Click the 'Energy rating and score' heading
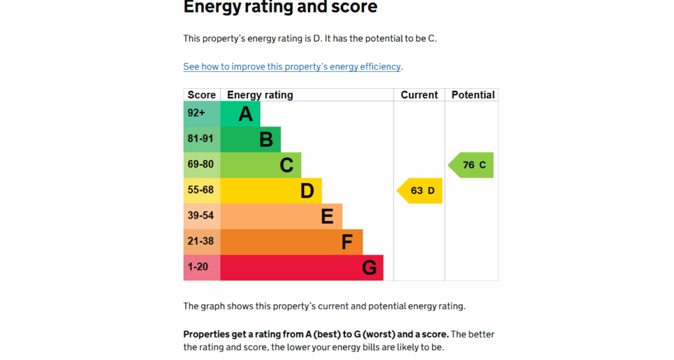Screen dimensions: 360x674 coord(280,8)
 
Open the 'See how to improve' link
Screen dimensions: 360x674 coord(292,66)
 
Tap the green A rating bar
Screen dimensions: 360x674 coord(240,114)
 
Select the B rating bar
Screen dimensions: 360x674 coord(251,140)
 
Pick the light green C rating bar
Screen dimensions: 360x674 coord(261,165)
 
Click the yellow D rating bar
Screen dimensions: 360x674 coord(271,191)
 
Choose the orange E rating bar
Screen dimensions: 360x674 coord(281,217)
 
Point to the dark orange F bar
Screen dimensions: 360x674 coord(292,242)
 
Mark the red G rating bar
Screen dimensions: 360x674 coord(301,268)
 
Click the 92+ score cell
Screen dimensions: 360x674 coord(201,114)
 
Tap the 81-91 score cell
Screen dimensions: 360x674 coord(201,140)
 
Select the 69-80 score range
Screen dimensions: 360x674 coord(201,165)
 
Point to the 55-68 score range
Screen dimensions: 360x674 coord(201,191)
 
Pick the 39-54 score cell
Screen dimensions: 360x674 coord(201,217)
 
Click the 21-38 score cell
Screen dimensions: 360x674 coord(201,242)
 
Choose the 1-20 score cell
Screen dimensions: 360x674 coord(201,268)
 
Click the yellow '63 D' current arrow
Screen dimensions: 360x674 coord(421,191)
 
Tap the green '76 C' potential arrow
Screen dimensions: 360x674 coord(473,165)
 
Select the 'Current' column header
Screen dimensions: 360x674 coord(419,95)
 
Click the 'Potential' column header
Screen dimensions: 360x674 coord(473,95)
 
